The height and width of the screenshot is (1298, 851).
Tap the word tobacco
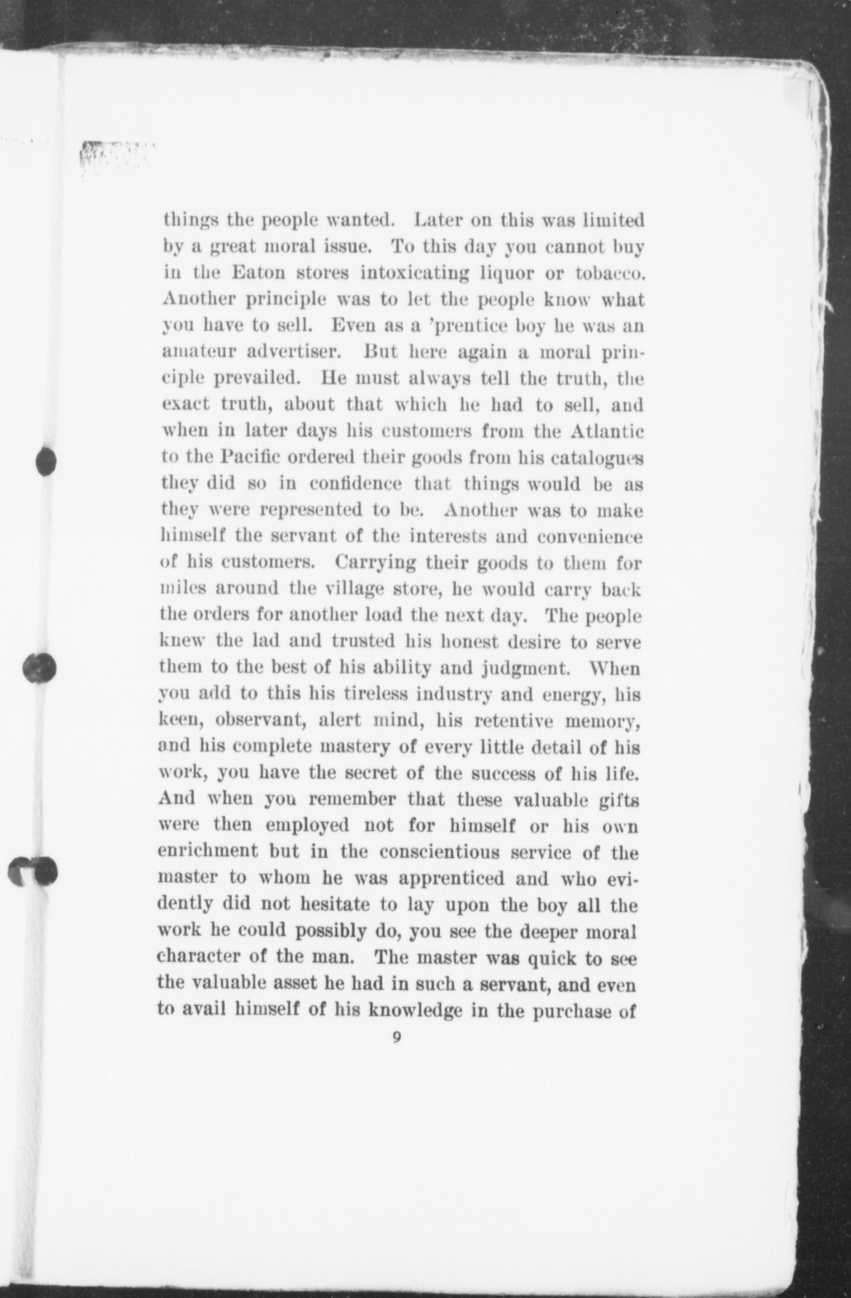tap(609, 273)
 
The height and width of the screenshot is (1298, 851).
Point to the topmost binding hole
tap(46, 462)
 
